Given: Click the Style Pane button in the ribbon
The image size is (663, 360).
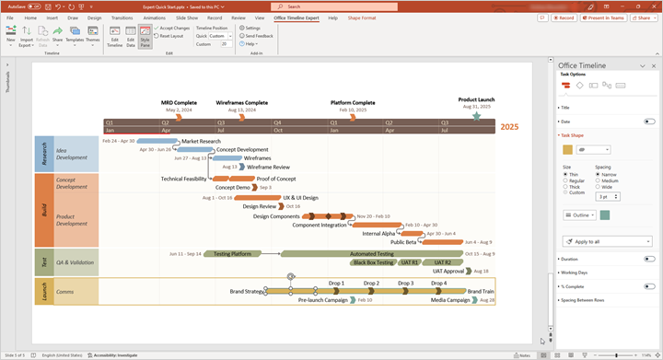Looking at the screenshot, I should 145,36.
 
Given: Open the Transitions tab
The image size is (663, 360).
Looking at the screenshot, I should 122,17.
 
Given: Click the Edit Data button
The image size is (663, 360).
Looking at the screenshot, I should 130,36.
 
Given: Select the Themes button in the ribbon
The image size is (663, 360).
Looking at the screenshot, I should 93,36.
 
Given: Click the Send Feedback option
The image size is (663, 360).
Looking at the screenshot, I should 258,36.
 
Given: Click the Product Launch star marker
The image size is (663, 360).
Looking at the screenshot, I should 476,116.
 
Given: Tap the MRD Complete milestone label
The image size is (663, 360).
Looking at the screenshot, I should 179,102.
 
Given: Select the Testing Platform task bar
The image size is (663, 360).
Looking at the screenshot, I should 232,253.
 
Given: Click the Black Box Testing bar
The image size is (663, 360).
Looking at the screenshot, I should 372,262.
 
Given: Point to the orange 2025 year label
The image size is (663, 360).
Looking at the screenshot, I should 509,127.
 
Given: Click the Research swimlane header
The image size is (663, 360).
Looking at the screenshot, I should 42,154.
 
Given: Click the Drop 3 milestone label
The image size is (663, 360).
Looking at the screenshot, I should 405,284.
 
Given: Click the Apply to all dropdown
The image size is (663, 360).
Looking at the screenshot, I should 607,241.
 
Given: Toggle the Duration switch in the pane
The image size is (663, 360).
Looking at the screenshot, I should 649,259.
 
